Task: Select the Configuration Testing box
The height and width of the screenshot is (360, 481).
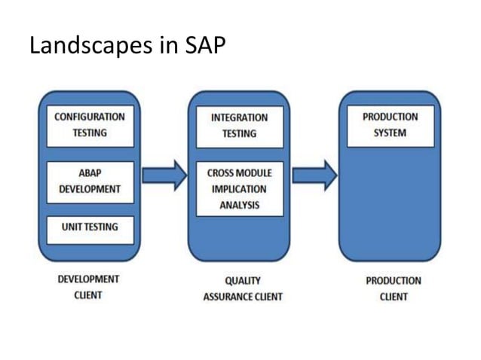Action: tap(90, 125)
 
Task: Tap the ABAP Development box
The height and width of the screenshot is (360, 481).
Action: tap(90, 181)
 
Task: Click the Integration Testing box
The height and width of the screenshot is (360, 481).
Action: tap(239, 126)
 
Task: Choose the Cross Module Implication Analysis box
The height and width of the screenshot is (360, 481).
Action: tap(239, 188)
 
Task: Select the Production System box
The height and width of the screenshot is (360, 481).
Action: tap(390, 126)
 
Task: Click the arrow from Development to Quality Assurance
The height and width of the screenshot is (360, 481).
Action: tap(164, 175)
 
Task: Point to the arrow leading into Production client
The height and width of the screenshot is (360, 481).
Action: tap(314, 175)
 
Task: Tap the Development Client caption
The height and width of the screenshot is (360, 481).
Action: tap(88, 287)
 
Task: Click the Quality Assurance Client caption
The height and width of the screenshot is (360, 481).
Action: tap(242, 288)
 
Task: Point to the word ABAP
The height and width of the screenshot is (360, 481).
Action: tap(90, 172)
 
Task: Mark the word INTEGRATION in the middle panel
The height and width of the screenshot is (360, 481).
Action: tap(239, 117)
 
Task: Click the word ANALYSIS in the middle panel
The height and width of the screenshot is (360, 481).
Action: tap(239, 204)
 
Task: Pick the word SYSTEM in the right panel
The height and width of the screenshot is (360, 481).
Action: tap(390, 133)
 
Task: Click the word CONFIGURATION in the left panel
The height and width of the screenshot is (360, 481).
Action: tap(90, 117)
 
